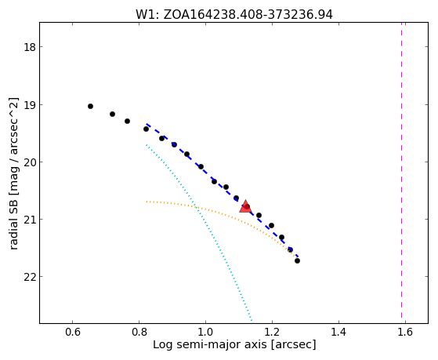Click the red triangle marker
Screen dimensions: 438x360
tap(245, 206)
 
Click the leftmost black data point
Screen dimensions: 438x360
tap(90, 107)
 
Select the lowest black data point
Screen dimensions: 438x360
tap(297, 260)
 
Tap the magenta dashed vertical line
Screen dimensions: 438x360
tap(402, 171)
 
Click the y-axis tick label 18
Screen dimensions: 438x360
tap(30, 47)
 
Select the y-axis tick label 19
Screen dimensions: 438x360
tap(30, 104)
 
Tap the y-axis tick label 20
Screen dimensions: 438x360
tap(30, 162)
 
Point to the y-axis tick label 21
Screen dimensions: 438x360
tap(30, 219)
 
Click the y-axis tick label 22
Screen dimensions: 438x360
tap(30, 276)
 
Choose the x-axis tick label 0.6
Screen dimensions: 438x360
tap(73, 332)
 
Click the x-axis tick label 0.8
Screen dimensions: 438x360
tap(139, 332)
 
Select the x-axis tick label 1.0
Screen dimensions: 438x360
tap(205, 332)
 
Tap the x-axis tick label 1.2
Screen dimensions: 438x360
tap(272, 332)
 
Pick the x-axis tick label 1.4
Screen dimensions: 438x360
tap(338, 332)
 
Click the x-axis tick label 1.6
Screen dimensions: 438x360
tap(405, 332)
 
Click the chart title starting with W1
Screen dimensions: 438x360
tap(234, 15)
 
